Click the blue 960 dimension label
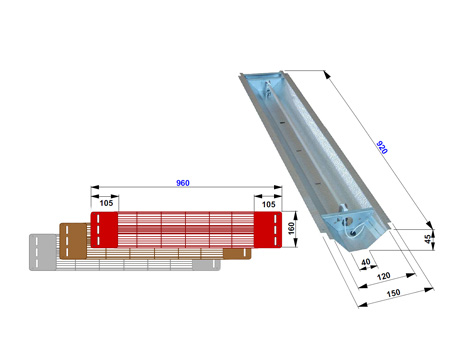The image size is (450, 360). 183,183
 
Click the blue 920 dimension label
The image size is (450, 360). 382,147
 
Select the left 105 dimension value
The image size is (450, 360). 106,203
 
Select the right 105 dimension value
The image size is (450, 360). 269,204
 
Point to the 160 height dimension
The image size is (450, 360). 291,228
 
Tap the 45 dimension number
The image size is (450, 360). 428,239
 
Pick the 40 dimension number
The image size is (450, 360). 366,262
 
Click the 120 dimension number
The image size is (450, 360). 384,276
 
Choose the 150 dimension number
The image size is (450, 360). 393,293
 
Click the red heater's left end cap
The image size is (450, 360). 104,230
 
